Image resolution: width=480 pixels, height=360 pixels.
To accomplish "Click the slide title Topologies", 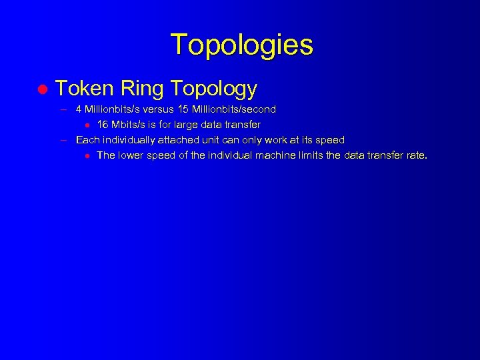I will point(241,45).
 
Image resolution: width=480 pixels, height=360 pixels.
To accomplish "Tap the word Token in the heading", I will point(83,88).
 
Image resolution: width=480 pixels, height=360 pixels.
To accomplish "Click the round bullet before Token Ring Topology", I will point(41,89).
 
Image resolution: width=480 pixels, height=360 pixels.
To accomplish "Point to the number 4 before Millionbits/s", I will point(79,109).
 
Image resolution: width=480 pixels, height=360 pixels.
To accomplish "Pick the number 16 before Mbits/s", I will point(103,125).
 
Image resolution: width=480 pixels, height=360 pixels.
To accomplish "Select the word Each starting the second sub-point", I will point(87,140).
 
